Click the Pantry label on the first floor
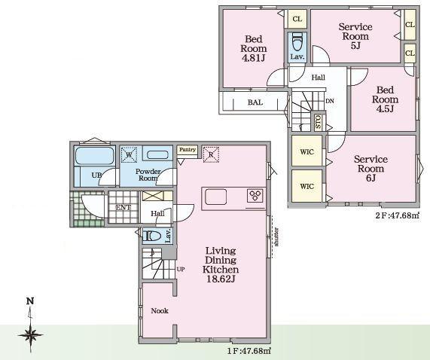(x=188, y=150)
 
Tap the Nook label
(x=160, y=310)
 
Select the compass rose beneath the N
(x=30, y=335)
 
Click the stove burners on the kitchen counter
(x=255, y=196)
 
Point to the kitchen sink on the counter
(x=216, y=197)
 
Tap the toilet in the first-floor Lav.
(x=152, y=236)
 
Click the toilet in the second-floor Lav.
(x=297, y=41)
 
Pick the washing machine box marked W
(x=129, y=155)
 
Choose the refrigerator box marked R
(x=211, y=154)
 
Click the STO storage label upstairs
(x=318, y=121)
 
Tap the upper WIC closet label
(x=306, y=151)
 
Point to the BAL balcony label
(x=255, y=102)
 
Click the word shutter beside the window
(x=276, y=237)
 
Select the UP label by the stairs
(x=181, y=269)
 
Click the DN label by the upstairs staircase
(x=330, y=101)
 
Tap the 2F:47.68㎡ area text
(x=398, y=215)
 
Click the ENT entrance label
(x=124, y=208)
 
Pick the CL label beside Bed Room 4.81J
(x=297, y=19)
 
